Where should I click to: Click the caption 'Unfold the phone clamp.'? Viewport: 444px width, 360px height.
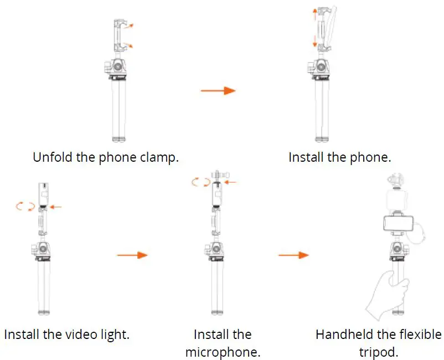(106, 157)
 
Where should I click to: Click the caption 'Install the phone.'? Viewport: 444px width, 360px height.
(339, 157)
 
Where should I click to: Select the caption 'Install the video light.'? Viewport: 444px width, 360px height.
(66, 335)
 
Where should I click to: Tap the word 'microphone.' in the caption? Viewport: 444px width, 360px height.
(223, 352)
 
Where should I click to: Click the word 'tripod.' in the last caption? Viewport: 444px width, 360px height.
(378, 352)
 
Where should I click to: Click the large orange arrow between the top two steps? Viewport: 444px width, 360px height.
(218, 90)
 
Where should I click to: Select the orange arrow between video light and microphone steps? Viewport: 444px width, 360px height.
(133, 255)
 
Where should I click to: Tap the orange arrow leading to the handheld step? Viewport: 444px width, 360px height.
(293, 255)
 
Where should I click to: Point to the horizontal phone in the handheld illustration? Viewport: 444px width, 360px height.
(400, 223)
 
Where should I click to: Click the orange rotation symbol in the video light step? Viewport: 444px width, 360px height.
(25, 206)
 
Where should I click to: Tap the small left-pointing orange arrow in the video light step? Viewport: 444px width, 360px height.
(56, 207)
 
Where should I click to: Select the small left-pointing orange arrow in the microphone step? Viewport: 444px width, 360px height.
(231, 181)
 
